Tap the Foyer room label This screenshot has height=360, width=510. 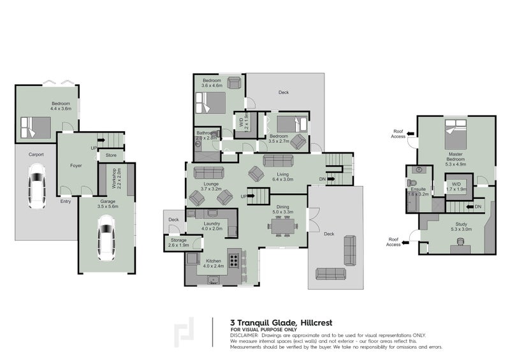[75, 166]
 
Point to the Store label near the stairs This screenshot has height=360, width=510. [110, 155]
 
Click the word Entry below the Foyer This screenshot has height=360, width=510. [66, 202]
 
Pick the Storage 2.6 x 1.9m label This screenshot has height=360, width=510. [178, 243]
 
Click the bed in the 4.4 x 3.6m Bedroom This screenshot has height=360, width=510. [35, 127]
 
